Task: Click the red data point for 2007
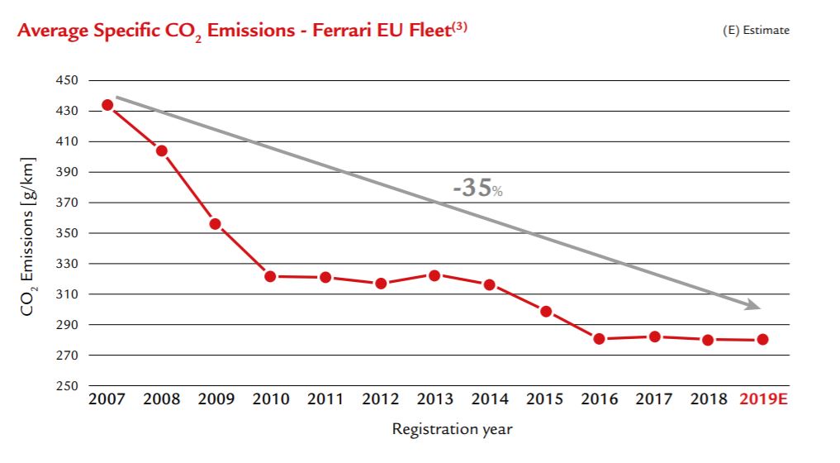107,105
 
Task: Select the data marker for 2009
215,224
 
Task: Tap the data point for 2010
270,276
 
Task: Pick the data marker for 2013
435,274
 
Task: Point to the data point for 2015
545,312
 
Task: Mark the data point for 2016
600,339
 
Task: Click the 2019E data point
762,339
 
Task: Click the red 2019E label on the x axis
762,400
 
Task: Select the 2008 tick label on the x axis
161,400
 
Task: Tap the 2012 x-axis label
380,400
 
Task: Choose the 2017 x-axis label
654,400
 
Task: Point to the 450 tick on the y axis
67,81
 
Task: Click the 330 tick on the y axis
67,264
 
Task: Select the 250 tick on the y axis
67,386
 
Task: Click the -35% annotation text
477,188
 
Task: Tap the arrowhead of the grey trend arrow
752,306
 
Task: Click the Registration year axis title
452,429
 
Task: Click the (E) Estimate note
756,31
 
